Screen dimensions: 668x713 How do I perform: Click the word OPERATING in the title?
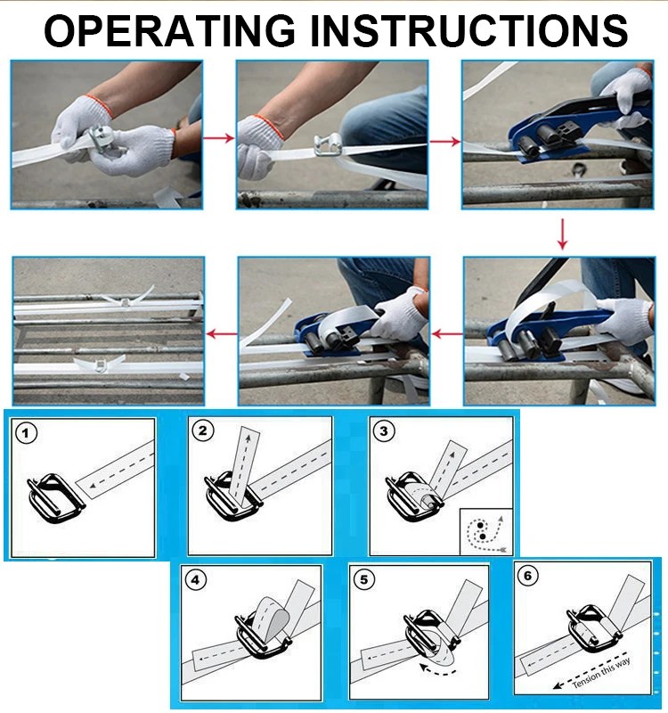[x=170, y=30]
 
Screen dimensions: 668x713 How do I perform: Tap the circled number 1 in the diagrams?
[x=26, y=432]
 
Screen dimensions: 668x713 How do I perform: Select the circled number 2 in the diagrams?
[x=203, y=430]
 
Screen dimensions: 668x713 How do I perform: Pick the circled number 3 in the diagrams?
[x=384, y=430]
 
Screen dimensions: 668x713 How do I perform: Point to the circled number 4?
[x=195, y=580]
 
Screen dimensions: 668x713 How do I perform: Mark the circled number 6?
[x=527, y=575]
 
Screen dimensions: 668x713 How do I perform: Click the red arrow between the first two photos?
[x=218, y=138]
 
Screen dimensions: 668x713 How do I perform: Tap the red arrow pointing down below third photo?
[x=563, y=234]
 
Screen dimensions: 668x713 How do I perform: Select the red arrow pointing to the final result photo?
[x=222, y=334]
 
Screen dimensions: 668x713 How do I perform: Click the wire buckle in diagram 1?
[x=55, y=499]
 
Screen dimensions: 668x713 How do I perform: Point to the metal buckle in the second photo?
[x=327, y=145]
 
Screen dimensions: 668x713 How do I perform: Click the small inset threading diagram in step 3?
[x=486, y=531]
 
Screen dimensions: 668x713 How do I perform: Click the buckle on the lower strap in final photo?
[x=99, y=365]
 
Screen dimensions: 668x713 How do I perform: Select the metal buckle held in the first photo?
[x=101, y=138]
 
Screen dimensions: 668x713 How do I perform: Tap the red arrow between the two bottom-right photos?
[x=447, y=334]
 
